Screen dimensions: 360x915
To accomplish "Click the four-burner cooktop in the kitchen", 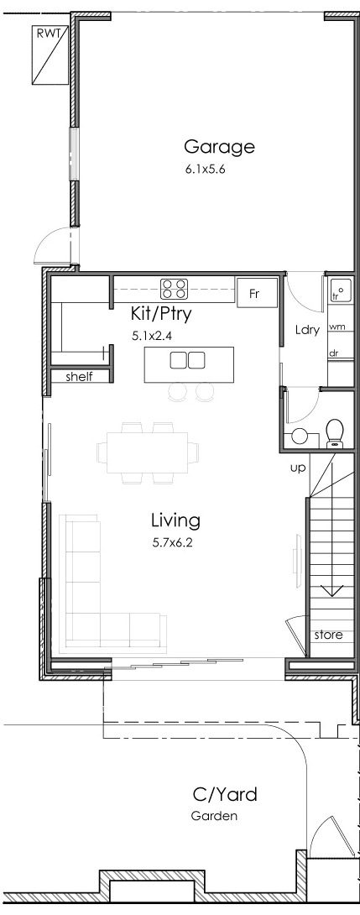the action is [x=175, y=289].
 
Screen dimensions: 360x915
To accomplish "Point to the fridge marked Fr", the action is [x=257, y=293].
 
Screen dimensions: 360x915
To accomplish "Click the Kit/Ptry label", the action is [x=161, y=314].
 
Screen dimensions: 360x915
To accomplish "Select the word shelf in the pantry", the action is [x=79, y=376].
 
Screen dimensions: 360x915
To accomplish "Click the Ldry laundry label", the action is [x=307, y=330].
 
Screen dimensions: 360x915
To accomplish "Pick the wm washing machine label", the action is [x=337, y=327].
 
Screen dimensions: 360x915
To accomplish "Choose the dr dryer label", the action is [x=334, y=353].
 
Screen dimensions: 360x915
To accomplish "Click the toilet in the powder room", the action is [x=335, y=432].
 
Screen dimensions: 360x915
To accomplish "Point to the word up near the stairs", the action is [x=298, y=468].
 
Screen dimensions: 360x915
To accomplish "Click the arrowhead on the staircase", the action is [x=332, y=590].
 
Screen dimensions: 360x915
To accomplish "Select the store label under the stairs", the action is [x=328, y=635].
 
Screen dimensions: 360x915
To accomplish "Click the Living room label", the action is [x=175, y=520].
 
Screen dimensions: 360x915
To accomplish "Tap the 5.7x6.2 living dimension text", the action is [x=172, y=542].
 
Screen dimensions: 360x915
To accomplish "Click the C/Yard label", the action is [x=225, y=794].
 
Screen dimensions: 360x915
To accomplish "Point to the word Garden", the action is [x=214, y=816].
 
